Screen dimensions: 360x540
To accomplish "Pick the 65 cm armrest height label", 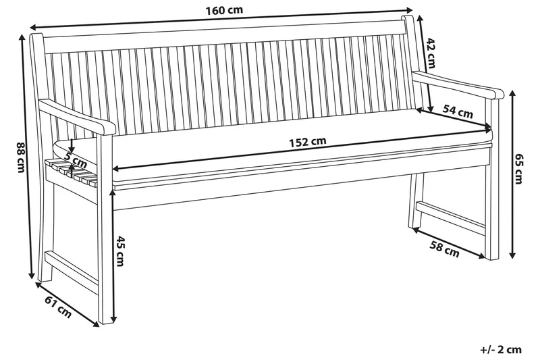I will coord(518,169).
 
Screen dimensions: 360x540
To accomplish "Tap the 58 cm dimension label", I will coord(444,251).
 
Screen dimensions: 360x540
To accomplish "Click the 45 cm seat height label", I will coord(121,250).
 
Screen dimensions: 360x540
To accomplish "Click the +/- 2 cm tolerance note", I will coord(501,349).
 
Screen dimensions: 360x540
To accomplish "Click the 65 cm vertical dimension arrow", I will coord(511,176).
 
